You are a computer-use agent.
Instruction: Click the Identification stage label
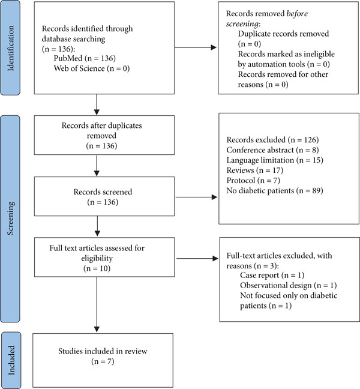point(11,49)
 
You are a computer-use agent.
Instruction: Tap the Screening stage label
point(11,219)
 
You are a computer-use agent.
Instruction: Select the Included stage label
point(11,360)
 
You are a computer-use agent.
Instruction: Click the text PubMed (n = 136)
point(85,58)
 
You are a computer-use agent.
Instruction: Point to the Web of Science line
point(92,68)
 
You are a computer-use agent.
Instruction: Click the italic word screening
point(242,24)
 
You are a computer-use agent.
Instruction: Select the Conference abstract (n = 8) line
point(272,150)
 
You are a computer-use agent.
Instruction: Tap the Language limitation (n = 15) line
point(275,160)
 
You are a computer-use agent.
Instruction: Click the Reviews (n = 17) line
point(254,170)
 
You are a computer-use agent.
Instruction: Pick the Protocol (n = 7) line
point(253,181)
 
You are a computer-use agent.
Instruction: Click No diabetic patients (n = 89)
point(275,191)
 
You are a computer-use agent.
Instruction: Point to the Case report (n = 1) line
point(272,276)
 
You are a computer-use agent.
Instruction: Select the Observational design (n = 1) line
point(289,286)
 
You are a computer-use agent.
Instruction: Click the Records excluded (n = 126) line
point(272,140)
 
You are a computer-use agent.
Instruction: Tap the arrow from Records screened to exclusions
point(196,198)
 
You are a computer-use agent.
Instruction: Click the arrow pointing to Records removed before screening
point(196,47)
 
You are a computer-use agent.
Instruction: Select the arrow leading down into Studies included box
point(97,304)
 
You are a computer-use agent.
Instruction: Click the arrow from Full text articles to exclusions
point(197,259)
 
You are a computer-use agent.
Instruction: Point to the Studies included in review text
point(103,351)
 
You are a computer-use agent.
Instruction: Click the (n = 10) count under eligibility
point(97,269)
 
